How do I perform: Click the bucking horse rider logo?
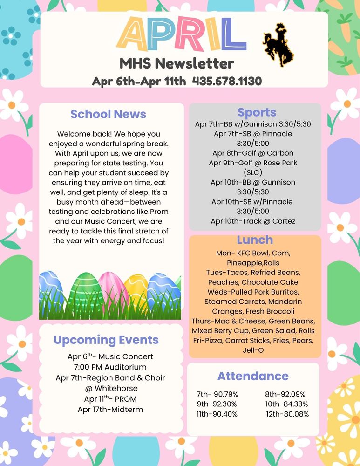click(278, 45)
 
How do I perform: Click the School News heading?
click(108, 114)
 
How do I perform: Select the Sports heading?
click(257, 112)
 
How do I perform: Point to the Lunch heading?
click(255, 240)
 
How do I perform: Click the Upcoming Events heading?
click(106, 340)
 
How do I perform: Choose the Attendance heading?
click(253, 376)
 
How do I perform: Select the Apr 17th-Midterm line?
click(110, 410)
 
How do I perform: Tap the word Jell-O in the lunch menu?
click(253, 350)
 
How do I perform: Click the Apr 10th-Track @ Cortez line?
click(253, 221)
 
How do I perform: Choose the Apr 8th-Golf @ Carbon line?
click(253, 153)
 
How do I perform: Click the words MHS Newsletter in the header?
click(177, 63)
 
